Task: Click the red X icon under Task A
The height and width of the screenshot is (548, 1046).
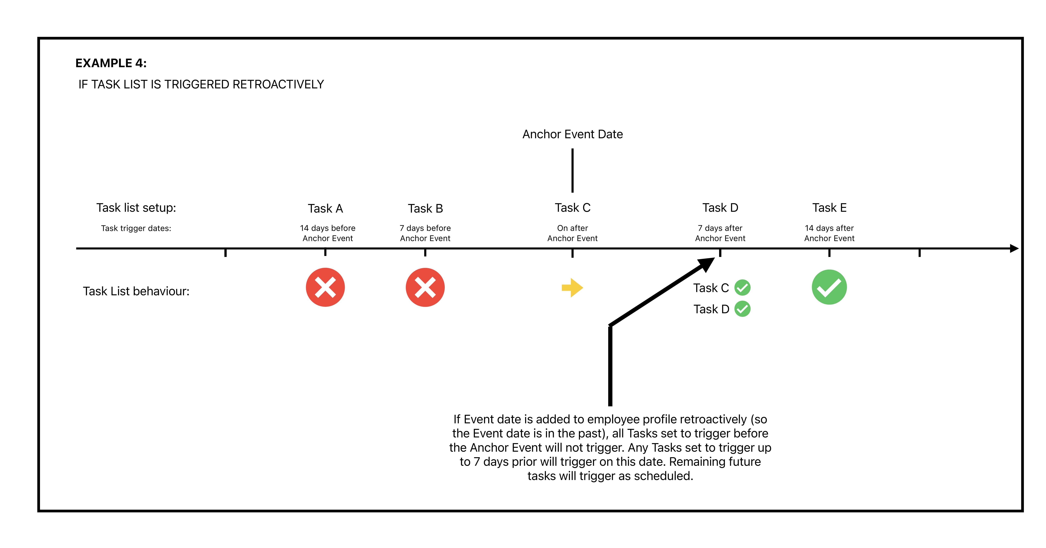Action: coord(325,287)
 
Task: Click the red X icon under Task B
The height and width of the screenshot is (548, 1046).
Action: coord(425,287)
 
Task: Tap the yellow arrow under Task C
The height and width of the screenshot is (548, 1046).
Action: coord(572,288)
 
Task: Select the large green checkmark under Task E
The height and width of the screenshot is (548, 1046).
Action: coord(829,287)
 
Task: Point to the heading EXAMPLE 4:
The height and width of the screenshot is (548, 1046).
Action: coord(111,63)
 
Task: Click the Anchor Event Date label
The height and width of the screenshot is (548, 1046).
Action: coord(572,134)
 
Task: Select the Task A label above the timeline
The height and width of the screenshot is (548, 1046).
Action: coord(325,209)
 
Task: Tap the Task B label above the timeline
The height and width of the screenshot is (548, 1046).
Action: coord(425,209)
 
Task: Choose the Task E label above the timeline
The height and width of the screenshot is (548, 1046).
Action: coord(829,208)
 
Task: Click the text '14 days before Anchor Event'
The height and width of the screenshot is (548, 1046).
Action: coord(328,233)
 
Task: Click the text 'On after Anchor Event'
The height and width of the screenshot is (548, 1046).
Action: coord(572,233)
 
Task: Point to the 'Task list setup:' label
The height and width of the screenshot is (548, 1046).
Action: coord(136,208)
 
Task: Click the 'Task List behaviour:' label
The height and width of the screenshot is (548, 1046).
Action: coord(136,291)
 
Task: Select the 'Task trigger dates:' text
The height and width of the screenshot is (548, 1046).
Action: coord(136,228)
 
